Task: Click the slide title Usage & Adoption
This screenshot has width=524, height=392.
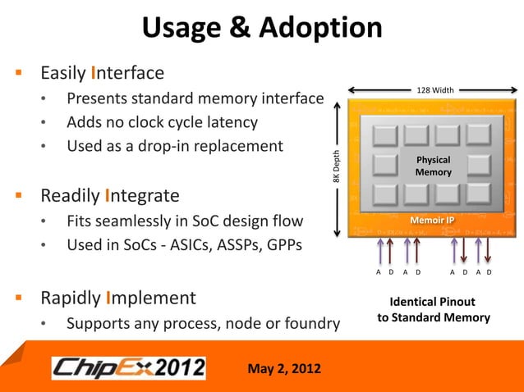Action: [262, 28]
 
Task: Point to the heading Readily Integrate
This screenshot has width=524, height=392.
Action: [110, 196]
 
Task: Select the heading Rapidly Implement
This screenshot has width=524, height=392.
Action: [118, 297]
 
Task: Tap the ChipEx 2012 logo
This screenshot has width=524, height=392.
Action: [129, 367]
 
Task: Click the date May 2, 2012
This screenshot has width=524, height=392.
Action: [285, 367]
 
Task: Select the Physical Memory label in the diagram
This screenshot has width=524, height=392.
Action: [433, 166]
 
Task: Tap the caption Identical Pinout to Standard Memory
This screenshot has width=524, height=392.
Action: [433, 310]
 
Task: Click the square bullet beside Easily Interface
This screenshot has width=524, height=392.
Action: [19, 73]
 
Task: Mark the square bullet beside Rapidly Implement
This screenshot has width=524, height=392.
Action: [19, 297]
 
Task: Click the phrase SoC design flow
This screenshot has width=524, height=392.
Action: [242, 221]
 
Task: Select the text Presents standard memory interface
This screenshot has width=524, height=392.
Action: [195, 99]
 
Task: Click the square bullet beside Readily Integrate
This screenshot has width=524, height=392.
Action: [19, 196]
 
